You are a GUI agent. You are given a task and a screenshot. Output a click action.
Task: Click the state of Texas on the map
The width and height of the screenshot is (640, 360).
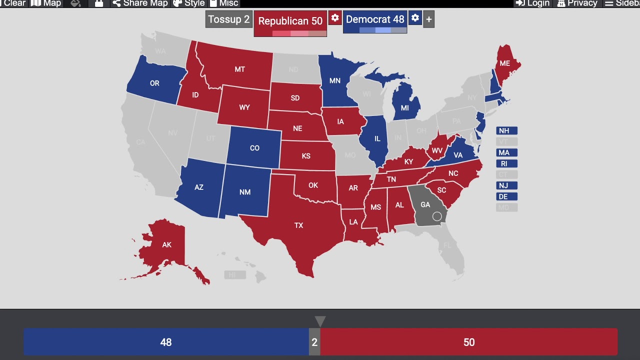[x=299, y=225]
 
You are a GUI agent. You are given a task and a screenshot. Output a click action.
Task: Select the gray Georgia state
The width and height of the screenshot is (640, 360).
[x=425, y=205]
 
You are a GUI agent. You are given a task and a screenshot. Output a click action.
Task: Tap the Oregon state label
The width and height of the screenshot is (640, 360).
[x=154, y=83]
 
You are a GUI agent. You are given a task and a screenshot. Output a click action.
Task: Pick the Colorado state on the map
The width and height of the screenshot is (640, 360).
[x=254, y=148]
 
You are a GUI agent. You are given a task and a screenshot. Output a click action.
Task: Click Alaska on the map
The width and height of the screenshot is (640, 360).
[x=166, y=245]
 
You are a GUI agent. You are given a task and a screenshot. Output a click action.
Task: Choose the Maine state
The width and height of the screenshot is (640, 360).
[x=505, y=64]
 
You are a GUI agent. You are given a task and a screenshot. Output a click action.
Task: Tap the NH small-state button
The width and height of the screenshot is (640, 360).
[x=506, y=131]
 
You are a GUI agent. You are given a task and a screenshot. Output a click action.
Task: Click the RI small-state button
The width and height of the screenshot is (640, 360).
[x=506, y=164]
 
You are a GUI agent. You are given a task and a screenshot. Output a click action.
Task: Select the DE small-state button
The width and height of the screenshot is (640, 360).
[x=506, y=197]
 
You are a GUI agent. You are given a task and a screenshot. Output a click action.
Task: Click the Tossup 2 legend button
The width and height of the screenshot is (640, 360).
[x=229, y=19]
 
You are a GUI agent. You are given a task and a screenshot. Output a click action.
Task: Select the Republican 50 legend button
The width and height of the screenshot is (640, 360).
[x=290, y=21]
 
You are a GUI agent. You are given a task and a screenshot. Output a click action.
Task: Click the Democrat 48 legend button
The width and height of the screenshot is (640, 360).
[x=374, y=19]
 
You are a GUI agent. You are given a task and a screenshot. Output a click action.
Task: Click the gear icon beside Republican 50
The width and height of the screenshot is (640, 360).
[x=335, y=18]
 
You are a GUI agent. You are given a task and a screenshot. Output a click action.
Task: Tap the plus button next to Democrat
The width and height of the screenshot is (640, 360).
[x=428, y=20]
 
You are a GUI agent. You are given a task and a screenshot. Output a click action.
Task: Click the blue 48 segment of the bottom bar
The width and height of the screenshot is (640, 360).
[x=166, y=342]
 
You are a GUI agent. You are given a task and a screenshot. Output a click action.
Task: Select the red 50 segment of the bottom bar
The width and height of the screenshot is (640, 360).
[x=468, y=342]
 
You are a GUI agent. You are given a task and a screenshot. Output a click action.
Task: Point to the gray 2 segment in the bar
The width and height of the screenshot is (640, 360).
[x=314, y=342]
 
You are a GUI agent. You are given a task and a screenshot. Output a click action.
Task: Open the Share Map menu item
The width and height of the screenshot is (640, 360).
[x=140, y=3]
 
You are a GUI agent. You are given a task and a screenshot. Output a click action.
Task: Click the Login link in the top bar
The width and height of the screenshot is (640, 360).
[x=533, y=3]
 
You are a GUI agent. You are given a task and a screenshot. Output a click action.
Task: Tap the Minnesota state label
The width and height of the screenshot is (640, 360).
[x=335, y=81]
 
